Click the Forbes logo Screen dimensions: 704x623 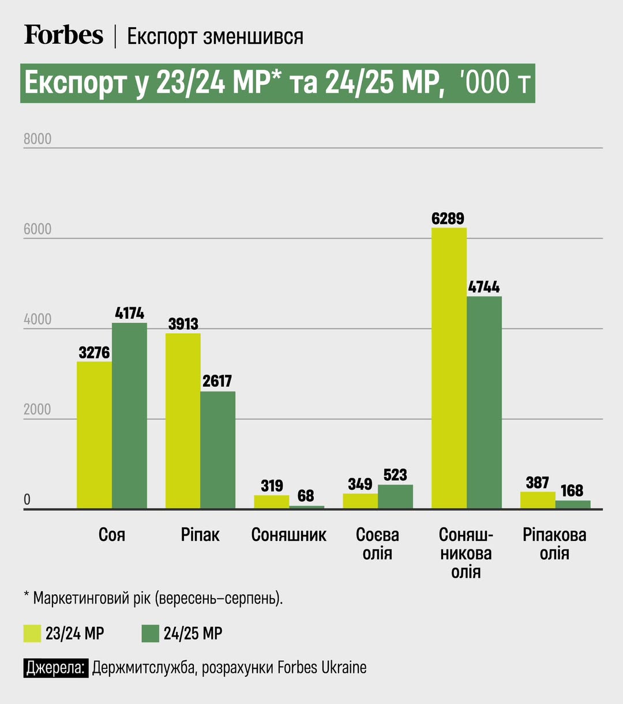[63, 35]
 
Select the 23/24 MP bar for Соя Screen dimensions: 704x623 [94, 435]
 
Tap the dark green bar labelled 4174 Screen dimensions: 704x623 [129, 415]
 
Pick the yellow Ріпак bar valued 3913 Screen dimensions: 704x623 [183, 421]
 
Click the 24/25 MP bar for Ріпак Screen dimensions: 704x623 [217, 450]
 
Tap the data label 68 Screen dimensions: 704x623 [306, 495]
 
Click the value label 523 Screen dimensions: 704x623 [395, 475]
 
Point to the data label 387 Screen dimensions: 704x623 [537, 483]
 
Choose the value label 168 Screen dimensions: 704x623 [572, 491]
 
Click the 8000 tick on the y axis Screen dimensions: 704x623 [37, 139]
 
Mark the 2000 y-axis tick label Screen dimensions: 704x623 [37, 409]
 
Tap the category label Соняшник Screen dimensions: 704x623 [288, 534]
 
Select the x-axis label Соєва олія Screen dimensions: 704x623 [377, 544]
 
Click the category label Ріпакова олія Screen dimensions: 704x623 [554, 544]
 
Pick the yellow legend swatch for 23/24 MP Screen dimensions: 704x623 [32, 633]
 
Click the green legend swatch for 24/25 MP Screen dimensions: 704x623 [150, 633]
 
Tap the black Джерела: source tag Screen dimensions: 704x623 [56, 668]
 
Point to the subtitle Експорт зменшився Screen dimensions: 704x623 [215, 36]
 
